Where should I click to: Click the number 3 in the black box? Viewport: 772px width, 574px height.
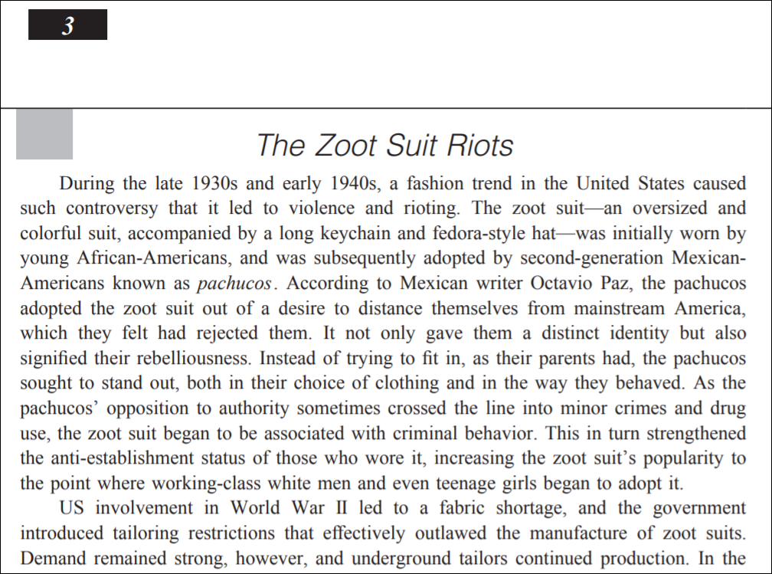[x=68, y=25]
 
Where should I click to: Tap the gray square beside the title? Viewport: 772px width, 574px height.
[x=44, y=134]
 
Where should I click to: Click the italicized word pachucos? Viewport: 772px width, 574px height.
[x=234, y=284]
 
